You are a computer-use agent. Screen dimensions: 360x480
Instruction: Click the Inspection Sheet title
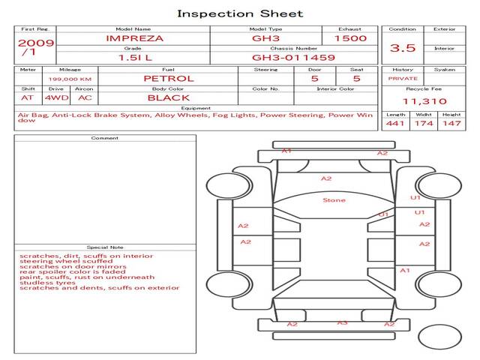[x=240, y=13]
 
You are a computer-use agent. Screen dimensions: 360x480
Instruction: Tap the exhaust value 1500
[x=350, y=37]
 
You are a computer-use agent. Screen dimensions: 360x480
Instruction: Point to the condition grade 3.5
[x=403, y=48]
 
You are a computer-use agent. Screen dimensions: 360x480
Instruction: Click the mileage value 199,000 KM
[x=70, y=79]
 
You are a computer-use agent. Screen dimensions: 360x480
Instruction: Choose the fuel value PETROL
[x=168, y=78]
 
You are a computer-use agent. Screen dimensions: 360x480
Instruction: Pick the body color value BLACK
[x=168, y=97]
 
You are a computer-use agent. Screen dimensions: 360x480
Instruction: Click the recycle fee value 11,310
[x=425, y=101]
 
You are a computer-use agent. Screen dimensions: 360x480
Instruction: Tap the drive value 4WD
[x=52, y=97]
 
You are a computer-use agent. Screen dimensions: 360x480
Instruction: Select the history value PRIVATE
[x=403, y=78]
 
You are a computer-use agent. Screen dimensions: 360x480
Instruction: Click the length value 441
[x=395, y=123]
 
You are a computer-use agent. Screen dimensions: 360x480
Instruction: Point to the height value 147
[x=451, y=123]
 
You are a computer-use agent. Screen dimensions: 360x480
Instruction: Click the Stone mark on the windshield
[x=334, y=200]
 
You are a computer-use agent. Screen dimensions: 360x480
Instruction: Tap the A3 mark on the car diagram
[x=342, y=322]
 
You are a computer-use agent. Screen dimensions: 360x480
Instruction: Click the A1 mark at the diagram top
[x=286, y=151]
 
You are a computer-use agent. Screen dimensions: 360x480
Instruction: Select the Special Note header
[x=105, y=247]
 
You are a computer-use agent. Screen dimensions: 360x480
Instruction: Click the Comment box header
[x=105, y=138]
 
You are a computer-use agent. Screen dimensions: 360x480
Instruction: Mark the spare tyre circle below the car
[x=440, y=337]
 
